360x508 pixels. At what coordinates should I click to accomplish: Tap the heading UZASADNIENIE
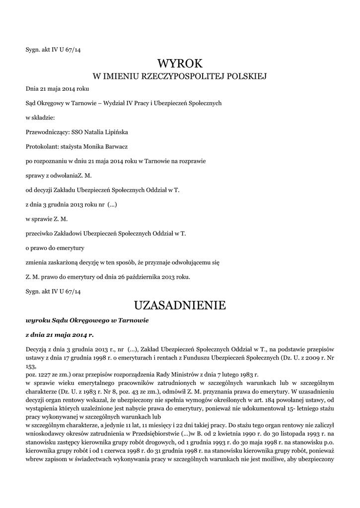click(x=180, y=305)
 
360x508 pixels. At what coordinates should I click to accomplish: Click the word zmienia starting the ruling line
click(x=38, y=262)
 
